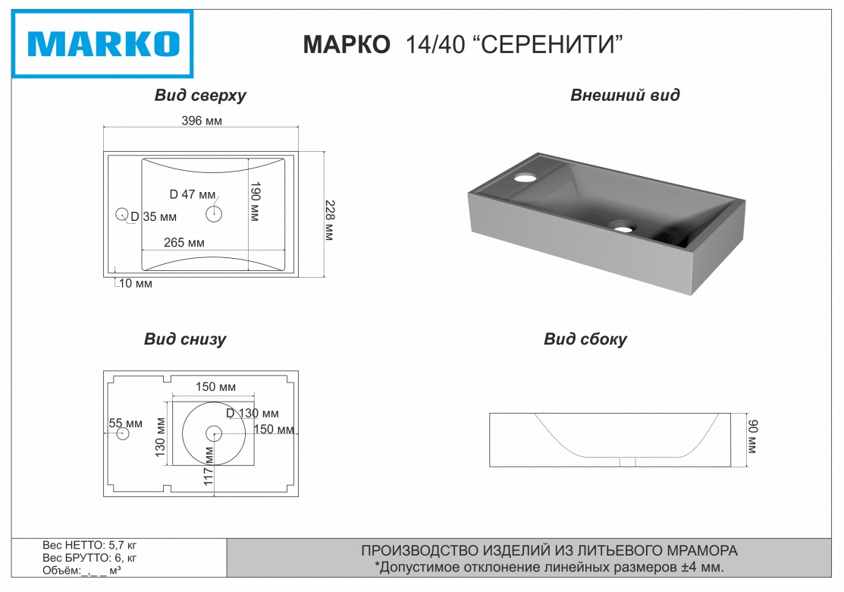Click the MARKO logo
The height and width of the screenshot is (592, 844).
(x=103, y=44)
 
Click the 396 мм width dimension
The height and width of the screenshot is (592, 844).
(x=202, y=121)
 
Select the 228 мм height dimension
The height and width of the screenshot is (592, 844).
(x=329, y=220)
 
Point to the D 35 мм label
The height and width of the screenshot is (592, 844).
(x=154, y=218)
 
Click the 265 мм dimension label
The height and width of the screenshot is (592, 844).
(x=185, y=243)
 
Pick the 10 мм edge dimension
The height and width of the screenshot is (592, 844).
(x=135, y=284)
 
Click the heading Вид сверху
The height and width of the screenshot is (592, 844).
(x=200, y=96)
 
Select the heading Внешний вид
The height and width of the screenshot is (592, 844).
(x=625, y=96)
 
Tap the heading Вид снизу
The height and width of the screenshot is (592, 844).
(x=185, y=339)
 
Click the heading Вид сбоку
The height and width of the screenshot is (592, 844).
(x=585, y=339)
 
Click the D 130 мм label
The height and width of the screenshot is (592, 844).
(x=253, y=414)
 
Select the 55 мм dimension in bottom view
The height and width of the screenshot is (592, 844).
(x=126, y=423)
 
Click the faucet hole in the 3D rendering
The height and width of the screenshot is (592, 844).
(x=524, y=179)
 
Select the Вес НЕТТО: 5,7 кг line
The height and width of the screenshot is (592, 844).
(x=89, y=545)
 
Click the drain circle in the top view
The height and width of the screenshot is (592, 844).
(x=214, y=214)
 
